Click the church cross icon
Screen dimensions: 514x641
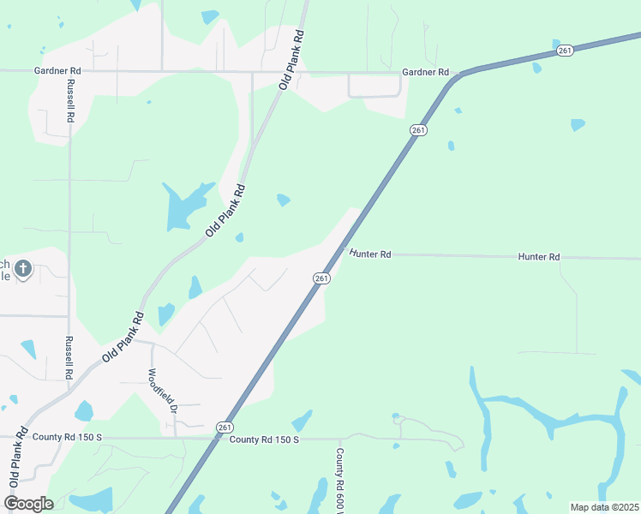(23, 270)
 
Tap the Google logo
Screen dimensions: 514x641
(28, 503)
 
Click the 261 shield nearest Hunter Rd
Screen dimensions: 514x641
(320, 278)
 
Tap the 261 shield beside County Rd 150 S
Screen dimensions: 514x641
(224, 427)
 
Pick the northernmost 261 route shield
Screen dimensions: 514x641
(564, 51)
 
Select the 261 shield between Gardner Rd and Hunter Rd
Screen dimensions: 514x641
(417, 129)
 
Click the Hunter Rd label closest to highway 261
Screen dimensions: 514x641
(370, 254)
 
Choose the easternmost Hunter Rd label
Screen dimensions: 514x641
(539, 257)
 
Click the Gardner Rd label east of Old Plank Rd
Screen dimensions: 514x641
(426, 72)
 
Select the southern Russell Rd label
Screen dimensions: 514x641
(69, 357)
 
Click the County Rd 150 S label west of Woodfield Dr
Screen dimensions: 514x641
(67, 437)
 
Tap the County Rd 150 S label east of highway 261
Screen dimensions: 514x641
(264, 439)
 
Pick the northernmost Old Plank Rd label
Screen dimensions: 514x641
(293, 60)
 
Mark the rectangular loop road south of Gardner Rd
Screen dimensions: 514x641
(374, 87)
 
